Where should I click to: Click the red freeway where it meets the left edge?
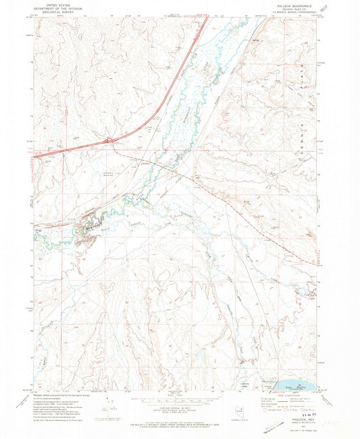35,157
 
